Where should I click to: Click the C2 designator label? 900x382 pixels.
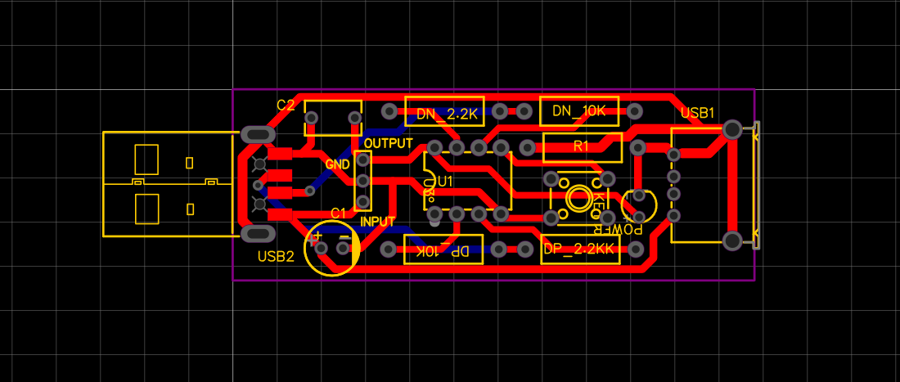[x=286, y=106]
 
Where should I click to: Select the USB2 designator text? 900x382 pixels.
[x=276, y=256]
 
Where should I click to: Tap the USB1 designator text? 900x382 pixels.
[x=698, y=114]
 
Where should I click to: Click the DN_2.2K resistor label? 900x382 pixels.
[x=447, y=115]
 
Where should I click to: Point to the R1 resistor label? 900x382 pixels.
[x=582, y=146]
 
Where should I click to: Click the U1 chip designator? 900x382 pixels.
[x=445, y=180]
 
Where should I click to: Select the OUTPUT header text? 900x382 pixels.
[x=389, y=143]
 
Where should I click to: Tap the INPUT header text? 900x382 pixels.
[x=378, y=222]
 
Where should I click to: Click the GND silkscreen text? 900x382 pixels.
[x=338, y=164]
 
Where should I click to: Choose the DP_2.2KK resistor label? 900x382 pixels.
[x=578, y=249]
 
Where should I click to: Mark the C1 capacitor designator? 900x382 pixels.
[x=338, y=213]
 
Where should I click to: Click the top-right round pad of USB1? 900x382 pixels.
[x=732, y=129]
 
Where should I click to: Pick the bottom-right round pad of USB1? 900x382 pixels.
[x=732, y=240]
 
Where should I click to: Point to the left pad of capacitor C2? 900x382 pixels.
[x=312, y=118]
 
